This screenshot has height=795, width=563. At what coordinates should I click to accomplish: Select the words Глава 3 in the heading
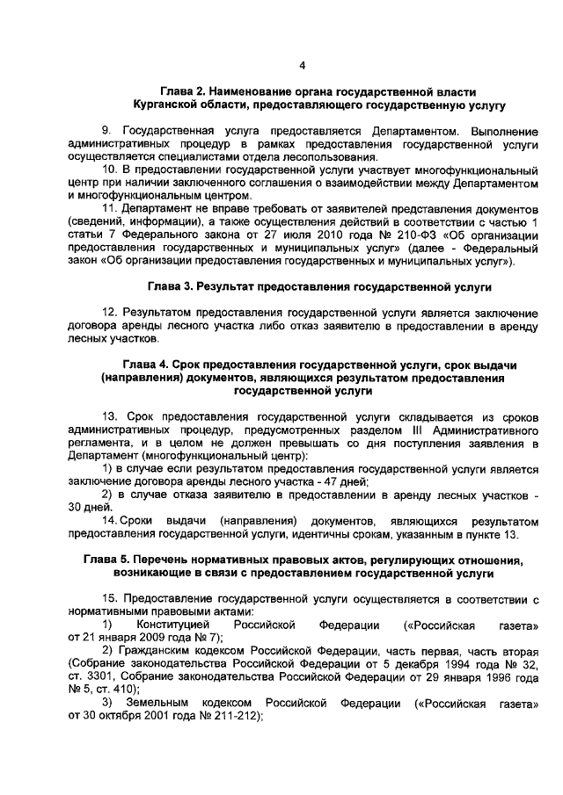point(170,286)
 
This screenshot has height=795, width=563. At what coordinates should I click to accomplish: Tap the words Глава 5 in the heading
point(110,560)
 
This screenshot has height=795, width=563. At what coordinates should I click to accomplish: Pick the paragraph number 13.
point(110,416)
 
